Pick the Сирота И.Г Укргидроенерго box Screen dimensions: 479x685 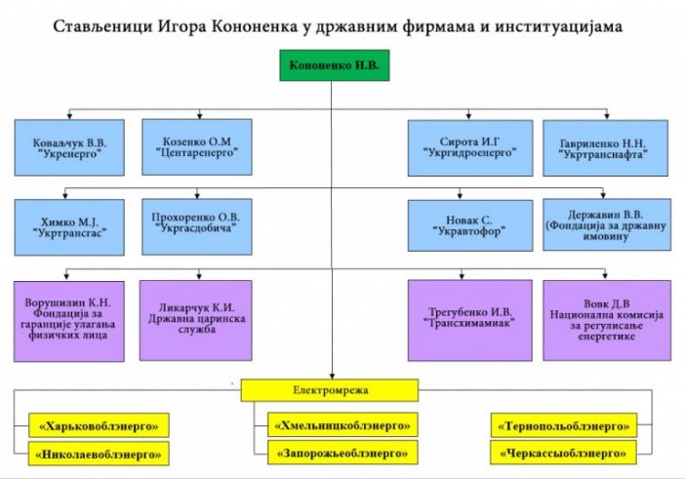[469, 147]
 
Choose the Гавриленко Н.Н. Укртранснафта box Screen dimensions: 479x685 [607, 147]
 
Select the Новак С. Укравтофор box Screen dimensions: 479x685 [469, 225]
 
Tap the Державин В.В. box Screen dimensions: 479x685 [607, 224]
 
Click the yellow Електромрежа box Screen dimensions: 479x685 [332, 390]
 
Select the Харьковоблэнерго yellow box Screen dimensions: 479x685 [100, 424]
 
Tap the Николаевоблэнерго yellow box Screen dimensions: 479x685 [100, 453]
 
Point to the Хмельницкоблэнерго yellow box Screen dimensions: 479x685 [342, 424]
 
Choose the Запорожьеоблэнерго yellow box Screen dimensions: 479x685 [342, 453]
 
